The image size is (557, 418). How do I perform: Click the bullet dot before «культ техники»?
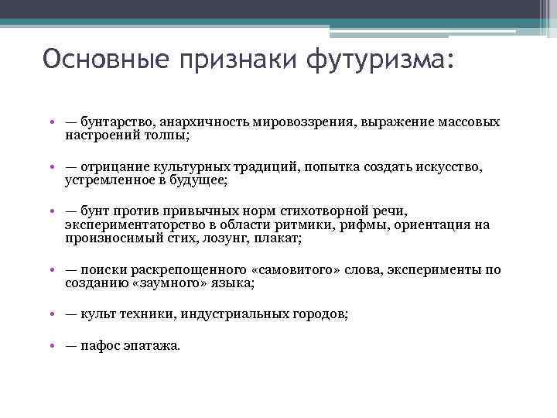(49, 315)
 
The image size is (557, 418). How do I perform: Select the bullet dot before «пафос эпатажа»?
(49, 346)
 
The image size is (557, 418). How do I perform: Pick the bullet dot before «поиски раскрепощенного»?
(49, 270)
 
